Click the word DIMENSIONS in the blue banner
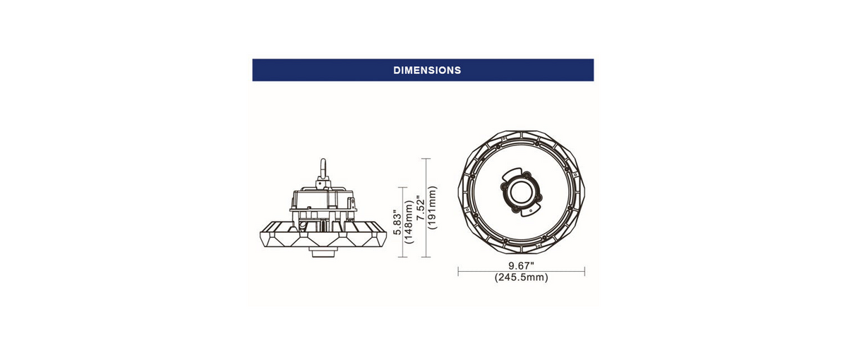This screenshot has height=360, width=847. [x=427, y=71]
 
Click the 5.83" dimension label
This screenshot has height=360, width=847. [x=397, y=222]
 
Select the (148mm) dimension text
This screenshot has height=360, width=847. [x=409, y=222]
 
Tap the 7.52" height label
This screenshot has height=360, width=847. [x=421, y=208]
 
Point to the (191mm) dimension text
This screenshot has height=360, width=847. [x=432, y=208]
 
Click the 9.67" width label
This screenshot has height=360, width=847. [x=521, y=266]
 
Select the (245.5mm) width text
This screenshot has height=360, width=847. [x=521, y=277]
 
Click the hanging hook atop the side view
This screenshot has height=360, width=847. [x=323, y=169]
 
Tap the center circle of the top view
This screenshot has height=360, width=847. [x=521, y=192]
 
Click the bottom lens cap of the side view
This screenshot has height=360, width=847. [x=323, y=252]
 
